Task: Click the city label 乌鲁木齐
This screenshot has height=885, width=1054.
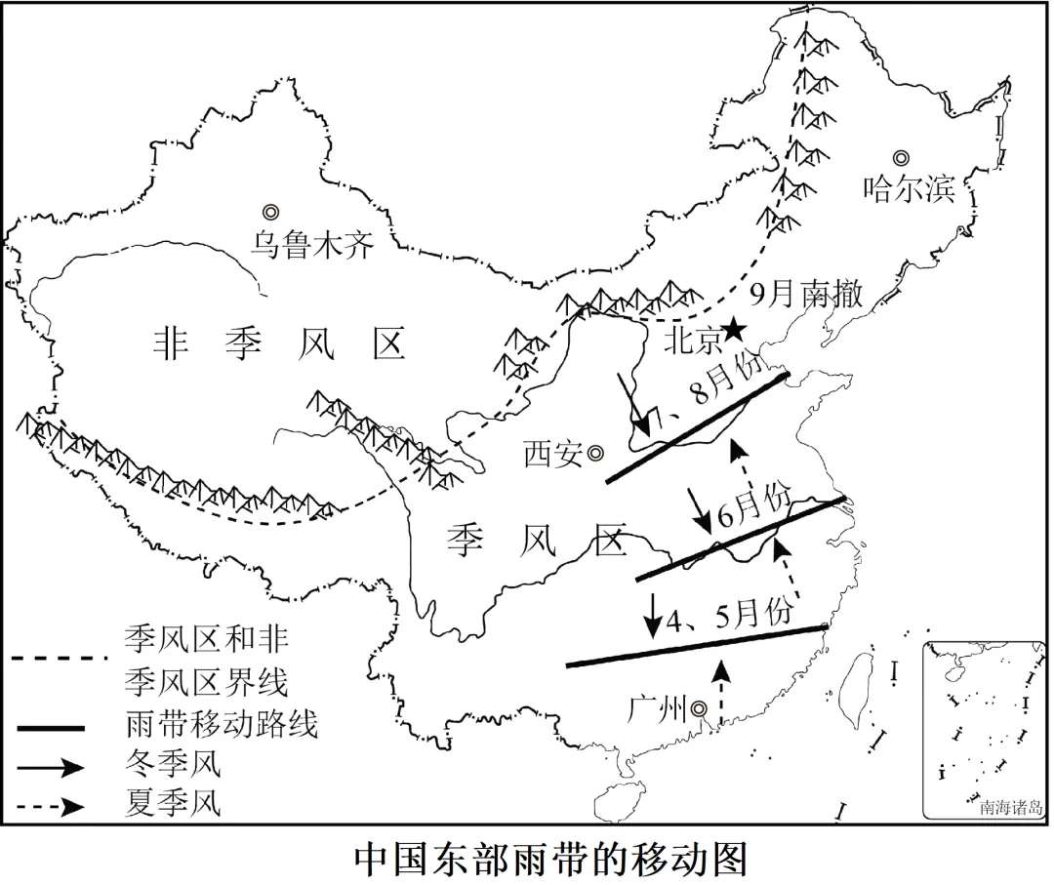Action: click(x=311, y=244)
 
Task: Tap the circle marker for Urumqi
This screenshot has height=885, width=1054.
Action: click(x=270, y=212)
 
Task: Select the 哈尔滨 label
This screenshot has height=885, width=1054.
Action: click(x=909, y=188)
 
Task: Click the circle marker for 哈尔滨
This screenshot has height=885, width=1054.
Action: click(x=901, y=157)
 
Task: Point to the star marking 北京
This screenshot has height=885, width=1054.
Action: click(x=735, y=332)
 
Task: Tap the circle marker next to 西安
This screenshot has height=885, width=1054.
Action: click(x=594, y=453)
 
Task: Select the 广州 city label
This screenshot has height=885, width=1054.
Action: click(x=658, y=708)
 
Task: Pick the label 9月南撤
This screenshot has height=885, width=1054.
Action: click(x=805, y=295)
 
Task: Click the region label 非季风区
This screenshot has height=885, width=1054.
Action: click(x=279, y=343)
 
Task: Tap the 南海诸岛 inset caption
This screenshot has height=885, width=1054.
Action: click(x=1011, y=807)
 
